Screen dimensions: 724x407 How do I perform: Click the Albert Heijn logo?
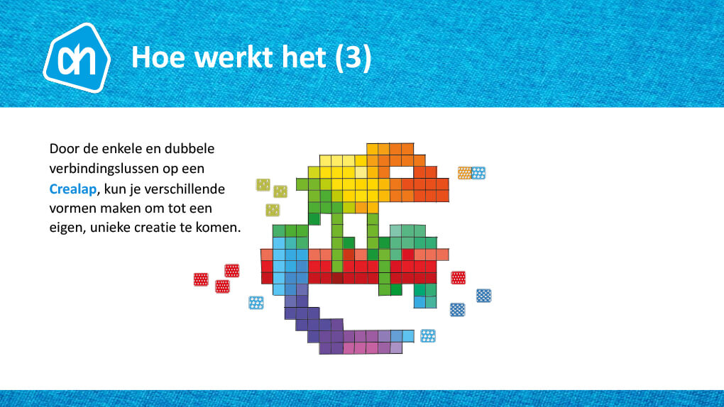(77, 57)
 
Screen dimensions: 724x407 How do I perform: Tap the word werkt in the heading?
(234, 57)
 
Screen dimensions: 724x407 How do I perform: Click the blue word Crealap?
(73, 189)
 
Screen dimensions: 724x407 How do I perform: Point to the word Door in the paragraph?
(64, 149)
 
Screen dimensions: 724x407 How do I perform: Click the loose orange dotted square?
(464, 172)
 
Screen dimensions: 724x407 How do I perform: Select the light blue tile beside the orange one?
(478, 172)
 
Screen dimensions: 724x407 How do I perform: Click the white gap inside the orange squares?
(401, 172)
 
